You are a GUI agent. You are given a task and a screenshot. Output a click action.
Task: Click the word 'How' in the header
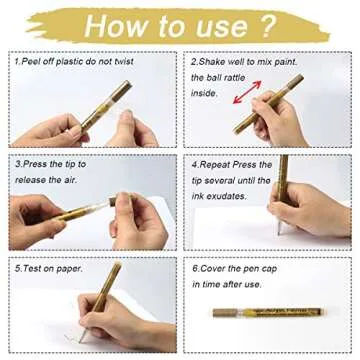pos(121,25)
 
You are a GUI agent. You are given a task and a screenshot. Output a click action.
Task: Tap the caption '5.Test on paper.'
pos(49,268)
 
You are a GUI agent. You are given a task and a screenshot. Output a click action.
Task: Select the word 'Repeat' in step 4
pos(220,162)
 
